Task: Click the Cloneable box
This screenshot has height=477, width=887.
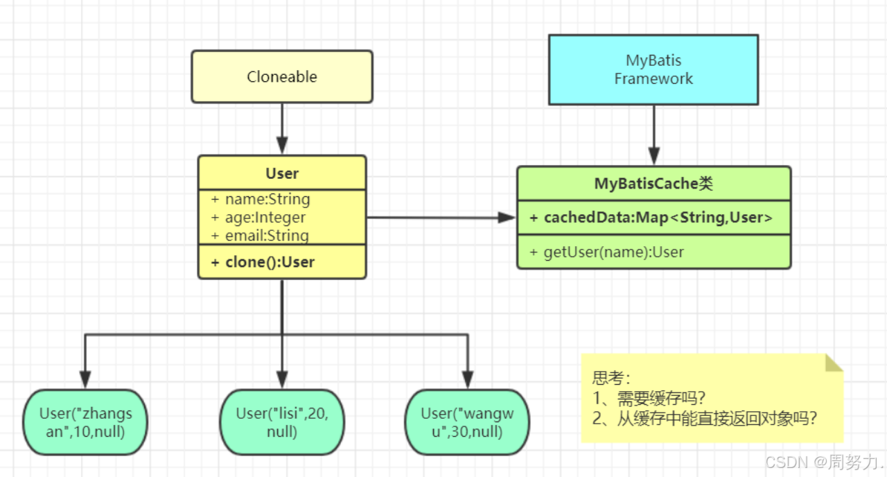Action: [281, 77]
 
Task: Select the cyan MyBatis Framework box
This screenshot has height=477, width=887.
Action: [653, 70]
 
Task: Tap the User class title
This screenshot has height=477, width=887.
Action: [281, 173]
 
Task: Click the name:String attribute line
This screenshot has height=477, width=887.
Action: [267, 199]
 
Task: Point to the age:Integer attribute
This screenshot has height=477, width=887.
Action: [265, 217]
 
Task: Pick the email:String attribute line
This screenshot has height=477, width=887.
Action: [266, 235]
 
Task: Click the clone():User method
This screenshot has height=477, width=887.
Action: [270, 262]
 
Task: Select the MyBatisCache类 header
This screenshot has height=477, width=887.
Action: [653, 184]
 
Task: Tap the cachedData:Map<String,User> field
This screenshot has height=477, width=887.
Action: [658, 218]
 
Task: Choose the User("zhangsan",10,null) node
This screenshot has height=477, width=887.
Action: [85, 422]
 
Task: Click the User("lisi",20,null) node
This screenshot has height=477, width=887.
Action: [281, 422]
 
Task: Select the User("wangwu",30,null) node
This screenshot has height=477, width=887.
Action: [467, 422]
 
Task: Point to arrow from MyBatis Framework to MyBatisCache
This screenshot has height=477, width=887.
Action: [653, 135]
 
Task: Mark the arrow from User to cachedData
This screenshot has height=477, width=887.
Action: [441, 218]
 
